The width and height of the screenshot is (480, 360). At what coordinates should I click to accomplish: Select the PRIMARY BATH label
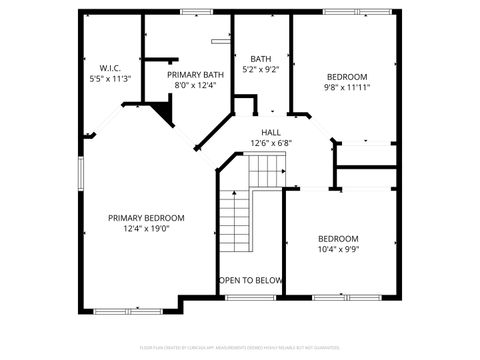coord(195,75)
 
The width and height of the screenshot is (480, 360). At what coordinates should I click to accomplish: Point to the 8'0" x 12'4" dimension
coord(195,85)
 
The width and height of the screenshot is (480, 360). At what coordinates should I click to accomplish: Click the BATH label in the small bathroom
coord(262,59)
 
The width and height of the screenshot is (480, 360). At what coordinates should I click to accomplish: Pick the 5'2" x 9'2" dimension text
coord(262,70)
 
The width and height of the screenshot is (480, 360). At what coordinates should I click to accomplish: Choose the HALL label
coord(271,132)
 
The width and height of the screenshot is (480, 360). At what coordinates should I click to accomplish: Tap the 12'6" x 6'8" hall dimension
coord(271,143)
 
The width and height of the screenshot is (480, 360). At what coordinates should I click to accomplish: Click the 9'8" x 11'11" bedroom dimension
coord(346,87)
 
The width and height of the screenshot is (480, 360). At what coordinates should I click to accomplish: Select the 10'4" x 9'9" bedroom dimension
coord(338,248)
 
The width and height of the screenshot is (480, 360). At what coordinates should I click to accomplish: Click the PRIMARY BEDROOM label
coord(146,218)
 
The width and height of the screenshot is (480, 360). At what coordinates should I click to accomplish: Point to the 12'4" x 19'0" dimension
coord(146,228)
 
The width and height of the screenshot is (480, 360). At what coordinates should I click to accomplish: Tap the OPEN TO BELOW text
coord(250,280)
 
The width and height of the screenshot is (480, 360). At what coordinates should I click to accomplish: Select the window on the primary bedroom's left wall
coord(81,170)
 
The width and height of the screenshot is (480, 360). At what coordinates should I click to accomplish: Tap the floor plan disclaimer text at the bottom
coord(240,348)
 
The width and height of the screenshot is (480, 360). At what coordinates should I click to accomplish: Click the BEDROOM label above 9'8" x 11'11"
coord(346,76)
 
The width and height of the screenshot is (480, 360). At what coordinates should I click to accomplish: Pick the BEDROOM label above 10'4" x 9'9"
coord(338,238)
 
